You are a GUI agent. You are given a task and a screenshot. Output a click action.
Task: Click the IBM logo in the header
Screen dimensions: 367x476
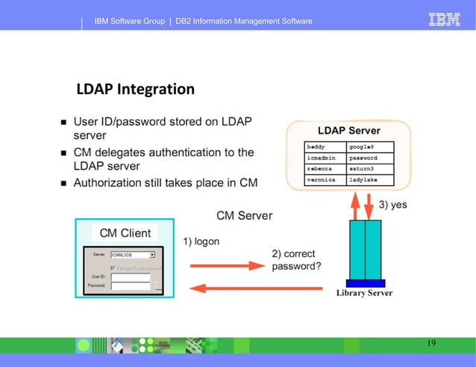pos(444,20)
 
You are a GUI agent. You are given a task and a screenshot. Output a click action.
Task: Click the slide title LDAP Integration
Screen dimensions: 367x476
pos(135,90)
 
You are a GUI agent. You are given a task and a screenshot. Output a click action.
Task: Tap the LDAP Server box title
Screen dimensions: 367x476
pos(349,131)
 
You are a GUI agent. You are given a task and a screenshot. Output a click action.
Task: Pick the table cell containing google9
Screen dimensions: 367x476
pos(372,147)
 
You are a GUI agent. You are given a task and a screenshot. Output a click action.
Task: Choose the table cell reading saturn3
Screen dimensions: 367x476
pos(372,169)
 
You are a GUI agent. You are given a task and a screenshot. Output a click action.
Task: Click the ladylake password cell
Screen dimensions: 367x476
pos(372,179)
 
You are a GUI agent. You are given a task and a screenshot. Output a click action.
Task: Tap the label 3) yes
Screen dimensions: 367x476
pos(392,204)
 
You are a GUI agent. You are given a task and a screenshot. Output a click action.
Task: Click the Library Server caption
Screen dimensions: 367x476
pos(364,292)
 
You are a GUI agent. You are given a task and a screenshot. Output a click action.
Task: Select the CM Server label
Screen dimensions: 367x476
pos(244,216)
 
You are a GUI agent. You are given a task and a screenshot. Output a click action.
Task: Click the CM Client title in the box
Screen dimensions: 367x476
pos(125,232)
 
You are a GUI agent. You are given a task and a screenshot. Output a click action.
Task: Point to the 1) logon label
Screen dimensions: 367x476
pos(201,241)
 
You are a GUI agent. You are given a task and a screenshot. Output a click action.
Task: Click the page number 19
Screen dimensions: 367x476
pos(431,343)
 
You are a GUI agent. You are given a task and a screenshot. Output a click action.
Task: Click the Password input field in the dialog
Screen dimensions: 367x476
pos(130,286)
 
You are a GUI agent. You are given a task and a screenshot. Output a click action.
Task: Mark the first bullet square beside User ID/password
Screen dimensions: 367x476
pos(64,122)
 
